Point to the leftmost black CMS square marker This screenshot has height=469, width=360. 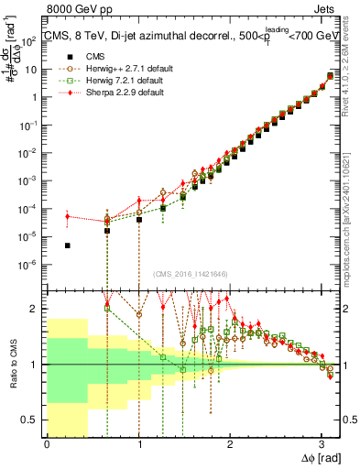click(68, 245)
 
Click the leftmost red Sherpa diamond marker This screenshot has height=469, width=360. click(68, 216)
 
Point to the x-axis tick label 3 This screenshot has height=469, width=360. click(322, 444)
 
